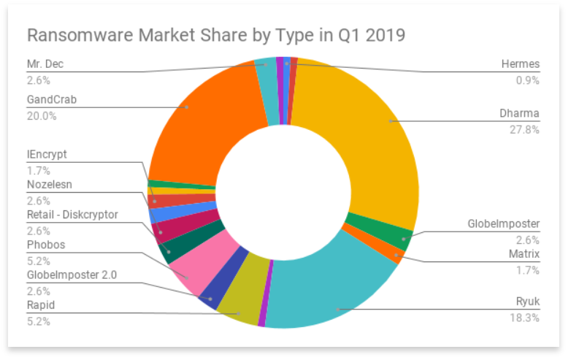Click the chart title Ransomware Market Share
click(216, 35)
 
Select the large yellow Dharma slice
click(365, 131)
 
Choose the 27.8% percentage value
click(525, 129)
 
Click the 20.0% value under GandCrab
click(42, 115)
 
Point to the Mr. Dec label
click(45, 64)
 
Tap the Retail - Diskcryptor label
click(72, 214)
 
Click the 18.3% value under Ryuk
click(525, 318)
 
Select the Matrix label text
click(524, 254)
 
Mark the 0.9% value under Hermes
click(527, 80)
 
